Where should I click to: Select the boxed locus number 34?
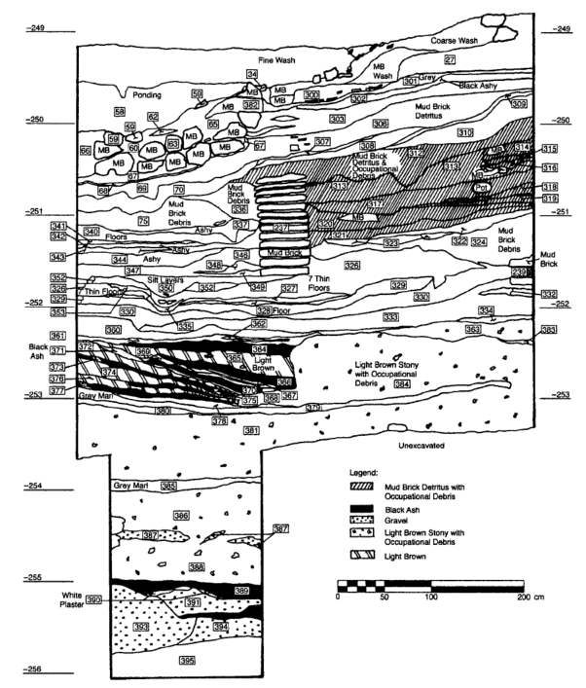pyautogui.click(x=252, y=74)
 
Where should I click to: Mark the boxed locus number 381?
pyautogui.click(x=252, y=430)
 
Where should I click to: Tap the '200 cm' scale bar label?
pyautogui.click(x=531, y=597)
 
